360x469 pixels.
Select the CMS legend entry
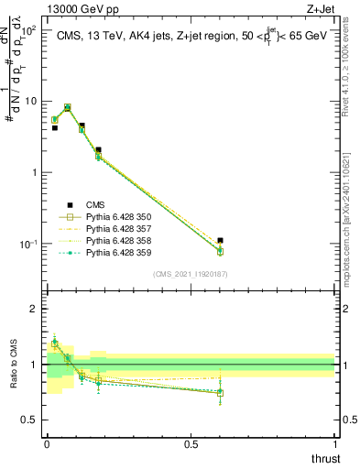click(x=96, y=205)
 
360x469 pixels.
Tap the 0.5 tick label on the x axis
click(x=191, y=444)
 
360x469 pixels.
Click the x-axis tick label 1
click(x=334, y=444)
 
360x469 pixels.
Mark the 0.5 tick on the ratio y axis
click(x=33, y=420)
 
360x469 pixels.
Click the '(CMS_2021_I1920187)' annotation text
click(x=191, y=274)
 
